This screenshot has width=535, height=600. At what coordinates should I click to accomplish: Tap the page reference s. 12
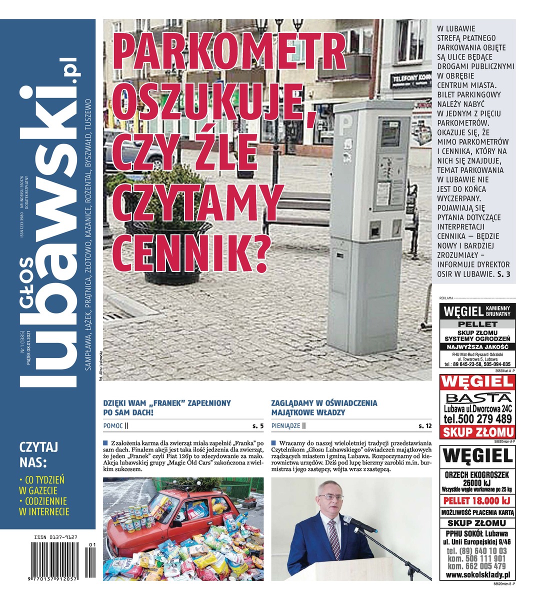pos(425,426)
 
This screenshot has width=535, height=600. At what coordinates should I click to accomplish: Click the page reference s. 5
pos(258,426)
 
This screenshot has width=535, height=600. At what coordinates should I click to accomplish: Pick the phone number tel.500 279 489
pos(477,419)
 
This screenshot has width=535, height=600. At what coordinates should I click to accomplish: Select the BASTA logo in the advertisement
pos(477,398)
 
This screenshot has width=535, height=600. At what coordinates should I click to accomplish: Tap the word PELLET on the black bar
pos(477,324)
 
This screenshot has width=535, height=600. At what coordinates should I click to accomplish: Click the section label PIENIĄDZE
pos(286,426)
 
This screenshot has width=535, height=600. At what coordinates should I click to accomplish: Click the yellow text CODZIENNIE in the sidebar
pos(43,500)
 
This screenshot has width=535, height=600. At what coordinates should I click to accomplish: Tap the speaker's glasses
pos(331,497)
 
